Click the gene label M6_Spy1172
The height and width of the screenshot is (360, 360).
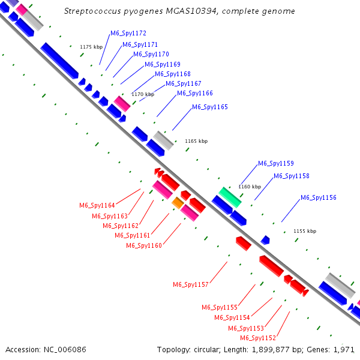[x=128, y=34]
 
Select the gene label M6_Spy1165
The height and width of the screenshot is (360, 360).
[x=210, y=107]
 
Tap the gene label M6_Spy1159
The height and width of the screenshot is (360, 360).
[x=275, y=163]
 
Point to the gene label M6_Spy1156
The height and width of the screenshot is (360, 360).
[x=318, y=197]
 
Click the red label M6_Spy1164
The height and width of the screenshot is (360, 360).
[x=97, y=205]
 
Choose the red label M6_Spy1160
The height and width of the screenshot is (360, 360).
[x=144, y=245]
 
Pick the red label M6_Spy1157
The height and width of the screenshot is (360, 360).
[x=191, y=284]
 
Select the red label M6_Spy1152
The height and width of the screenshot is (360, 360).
[x=258, y=338]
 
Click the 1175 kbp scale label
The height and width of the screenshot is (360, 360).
[x=92, y=47]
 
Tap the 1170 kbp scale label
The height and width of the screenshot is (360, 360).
[x=143, y=94]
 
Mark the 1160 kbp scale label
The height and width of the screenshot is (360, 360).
[x=250, y=187]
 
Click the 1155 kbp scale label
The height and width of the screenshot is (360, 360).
[x=304, y=231]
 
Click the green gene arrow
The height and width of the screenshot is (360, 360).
[x=230, y=197]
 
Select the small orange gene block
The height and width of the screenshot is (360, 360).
[x=178, y=203]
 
